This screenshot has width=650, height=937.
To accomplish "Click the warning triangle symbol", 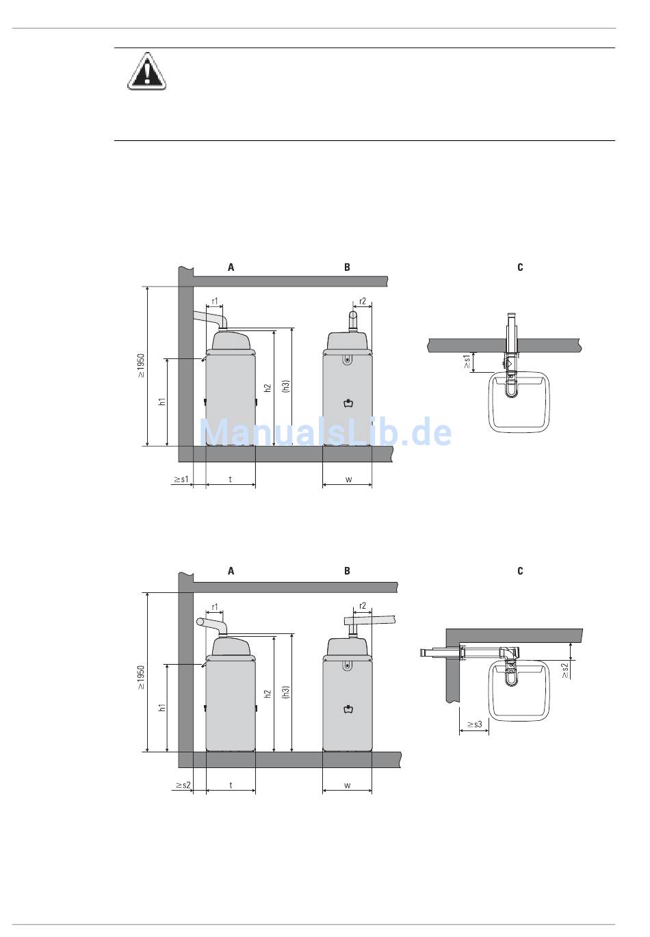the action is pyautogui.click(x=146, y=71).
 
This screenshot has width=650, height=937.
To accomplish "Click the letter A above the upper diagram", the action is pyautogui.click(x=231, y=267).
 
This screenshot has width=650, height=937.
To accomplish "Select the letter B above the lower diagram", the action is pyautogui.click(x=347, y=571).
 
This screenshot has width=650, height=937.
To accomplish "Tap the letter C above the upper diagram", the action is pyautogui.click(x=520, y=267).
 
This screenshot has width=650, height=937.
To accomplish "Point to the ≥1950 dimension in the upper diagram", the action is pyautogui.click(x=141, y=366).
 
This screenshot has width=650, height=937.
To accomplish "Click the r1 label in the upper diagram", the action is pyautogui.click(x=215, y=301).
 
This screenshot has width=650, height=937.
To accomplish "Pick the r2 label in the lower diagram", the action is pyautogui.click(x=363, y=605).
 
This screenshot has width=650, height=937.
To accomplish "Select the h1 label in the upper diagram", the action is pyautogui.click(x=162, y=401).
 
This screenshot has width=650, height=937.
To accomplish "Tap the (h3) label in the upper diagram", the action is pyautogui.click(x=287, y=386).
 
